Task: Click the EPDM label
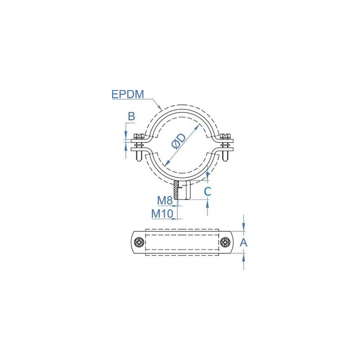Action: click(x=128, y=94)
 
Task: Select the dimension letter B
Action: click(x=131, y=116)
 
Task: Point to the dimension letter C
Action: click(x=207, y=191)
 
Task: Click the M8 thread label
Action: click(x=165, y=200)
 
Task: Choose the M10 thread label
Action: click(x=162, y=214)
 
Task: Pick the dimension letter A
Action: click(x=243, y=243)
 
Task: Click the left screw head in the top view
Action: click(x=139, y=242)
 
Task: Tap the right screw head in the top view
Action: click(x=225, y=242)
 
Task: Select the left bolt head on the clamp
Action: click(x=139, y=136)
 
